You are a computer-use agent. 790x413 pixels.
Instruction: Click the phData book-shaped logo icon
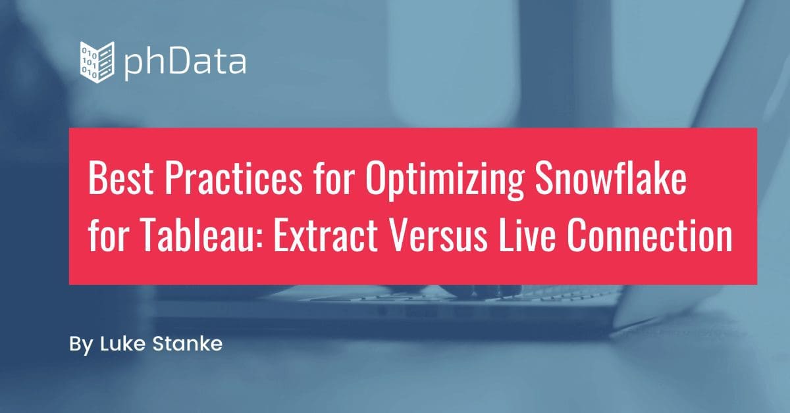point(97,62)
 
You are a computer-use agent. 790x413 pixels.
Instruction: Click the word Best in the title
point(120,178)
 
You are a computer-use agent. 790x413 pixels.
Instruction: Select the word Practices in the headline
point(234,178)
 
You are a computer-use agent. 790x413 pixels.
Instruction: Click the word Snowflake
point(610,178)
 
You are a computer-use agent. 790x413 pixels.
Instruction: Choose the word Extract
point(326,235)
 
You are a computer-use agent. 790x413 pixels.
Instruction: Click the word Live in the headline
point(526,235)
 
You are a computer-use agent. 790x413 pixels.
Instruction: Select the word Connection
point(648,235)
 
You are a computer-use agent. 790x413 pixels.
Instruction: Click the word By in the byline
point(81,345)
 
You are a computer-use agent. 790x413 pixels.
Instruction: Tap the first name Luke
point(122,343)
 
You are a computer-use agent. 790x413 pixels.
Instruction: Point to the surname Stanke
point(188,343)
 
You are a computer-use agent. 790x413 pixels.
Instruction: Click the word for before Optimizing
point(334,178)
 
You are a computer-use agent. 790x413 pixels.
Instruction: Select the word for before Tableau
point(107,235)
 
